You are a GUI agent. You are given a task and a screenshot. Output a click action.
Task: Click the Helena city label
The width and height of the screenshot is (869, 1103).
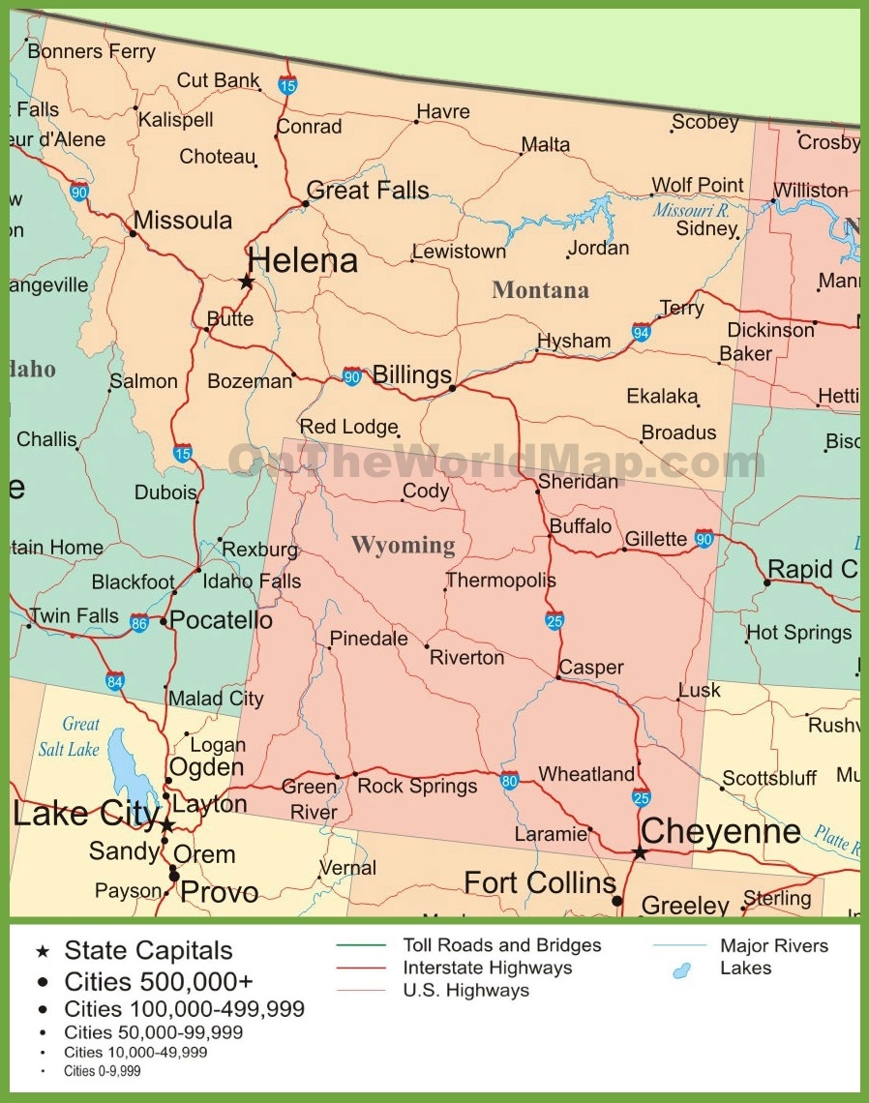[x=302, y=260]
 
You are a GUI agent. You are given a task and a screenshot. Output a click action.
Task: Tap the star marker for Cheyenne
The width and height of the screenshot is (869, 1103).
[x=640, y=852]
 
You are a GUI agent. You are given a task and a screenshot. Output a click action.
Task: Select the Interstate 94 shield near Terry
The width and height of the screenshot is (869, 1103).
[x=641, y=332]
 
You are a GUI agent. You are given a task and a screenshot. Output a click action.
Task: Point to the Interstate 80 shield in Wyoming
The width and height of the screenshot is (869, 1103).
[x=509, y=781]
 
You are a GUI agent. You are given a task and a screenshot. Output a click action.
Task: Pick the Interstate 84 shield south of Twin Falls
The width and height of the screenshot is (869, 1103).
[x=115, y=680]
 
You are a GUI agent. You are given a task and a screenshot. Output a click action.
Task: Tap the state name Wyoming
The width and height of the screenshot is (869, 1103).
[x=403, y=545]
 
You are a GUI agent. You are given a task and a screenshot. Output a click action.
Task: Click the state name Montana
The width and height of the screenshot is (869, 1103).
[x=540, y=289]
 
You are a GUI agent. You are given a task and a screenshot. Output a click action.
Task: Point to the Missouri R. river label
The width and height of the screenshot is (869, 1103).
[x=691, y=210]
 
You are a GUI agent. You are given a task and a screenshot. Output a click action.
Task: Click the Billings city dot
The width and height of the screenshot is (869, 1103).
[x=452, y=388]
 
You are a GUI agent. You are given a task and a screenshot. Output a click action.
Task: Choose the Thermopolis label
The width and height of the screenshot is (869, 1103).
[x=500, y=581]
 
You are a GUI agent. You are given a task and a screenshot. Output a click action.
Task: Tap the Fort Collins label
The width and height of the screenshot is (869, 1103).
[x=539, y=882]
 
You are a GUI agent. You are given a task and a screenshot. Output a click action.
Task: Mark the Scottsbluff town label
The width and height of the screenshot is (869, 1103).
[x=769, y=778]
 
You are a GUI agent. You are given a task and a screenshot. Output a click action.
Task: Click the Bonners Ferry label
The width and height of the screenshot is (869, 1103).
[x=91, y=51]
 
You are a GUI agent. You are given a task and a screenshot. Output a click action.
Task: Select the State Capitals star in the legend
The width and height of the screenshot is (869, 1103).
[x=42, y=952]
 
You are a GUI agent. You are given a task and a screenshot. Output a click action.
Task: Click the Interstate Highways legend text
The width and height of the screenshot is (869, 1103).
[x=487, y=968]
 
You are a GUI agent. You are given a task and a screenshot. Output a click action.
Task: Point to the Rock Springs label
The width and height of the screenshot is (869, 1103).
[x=417, y=786]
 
